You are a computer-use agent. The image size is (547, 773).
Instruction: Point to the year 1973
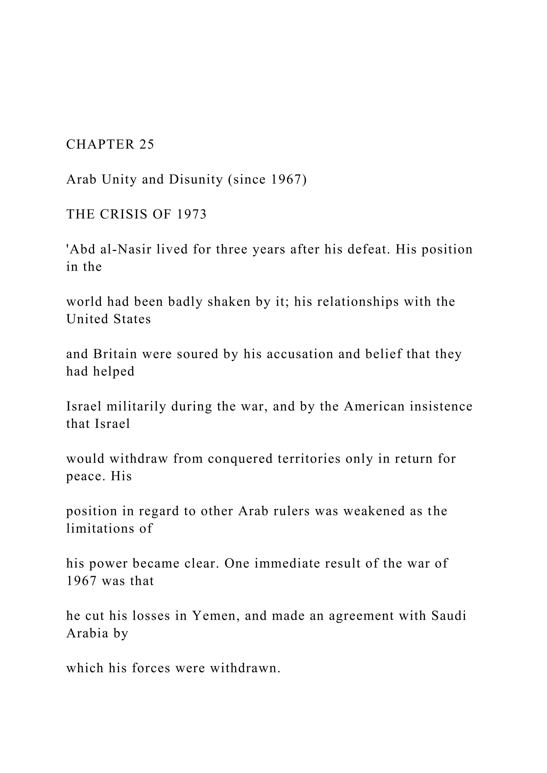click(191, 214)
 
